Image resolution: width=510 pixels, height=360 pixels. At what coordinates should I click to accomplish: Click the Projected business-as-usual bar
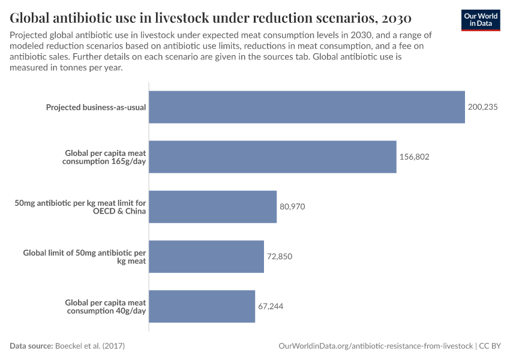(307, 107)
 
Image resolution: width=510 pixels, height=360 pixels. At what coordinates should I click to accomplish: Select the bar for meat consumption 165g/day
(272, 157)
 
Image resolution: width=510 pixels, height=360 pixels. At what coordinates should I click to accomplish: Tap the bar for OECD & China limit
(212, 206)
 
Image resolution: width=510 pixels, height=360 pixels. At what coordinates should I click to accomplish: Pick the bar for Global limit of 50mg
(206, 256)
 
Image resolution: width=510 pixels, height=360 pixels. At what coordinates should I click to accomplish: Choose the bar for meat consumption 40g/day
(202, 306)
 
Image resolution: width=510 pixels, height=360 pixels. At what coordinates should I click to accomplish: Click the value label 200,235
(482, 107)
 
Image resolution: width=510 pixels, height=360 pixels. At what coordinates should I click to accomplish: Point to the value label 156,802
(414, 157)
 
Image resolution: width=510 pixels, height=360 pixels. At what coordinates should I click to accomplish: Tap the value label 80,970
(292, 206)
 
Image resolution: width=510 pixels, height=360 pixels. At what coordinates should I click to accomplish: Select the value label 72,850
(280, 256)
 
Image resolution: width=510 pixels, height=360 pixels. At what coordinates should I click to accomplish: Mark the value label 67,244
(271, 306)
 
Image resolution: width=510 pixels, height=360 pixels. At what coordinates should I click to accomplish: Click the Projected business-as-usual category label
(96, 107)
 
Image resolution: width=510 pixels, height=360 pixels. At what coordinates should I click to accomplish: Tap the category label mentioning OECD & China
(80, 207)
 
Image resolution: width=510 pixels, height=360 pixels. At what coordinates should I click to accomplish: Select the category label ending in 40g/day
(105, 307)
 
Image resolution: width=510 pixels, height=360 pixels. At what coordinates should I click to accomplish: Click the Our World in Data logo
(481, 20)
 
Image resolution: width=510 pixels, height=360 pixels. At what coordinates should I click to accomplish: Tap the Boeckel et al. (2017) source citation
(90, 346)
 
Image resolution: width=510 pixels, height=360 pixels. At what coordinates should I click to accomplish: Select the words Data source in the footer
(31, 346)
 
